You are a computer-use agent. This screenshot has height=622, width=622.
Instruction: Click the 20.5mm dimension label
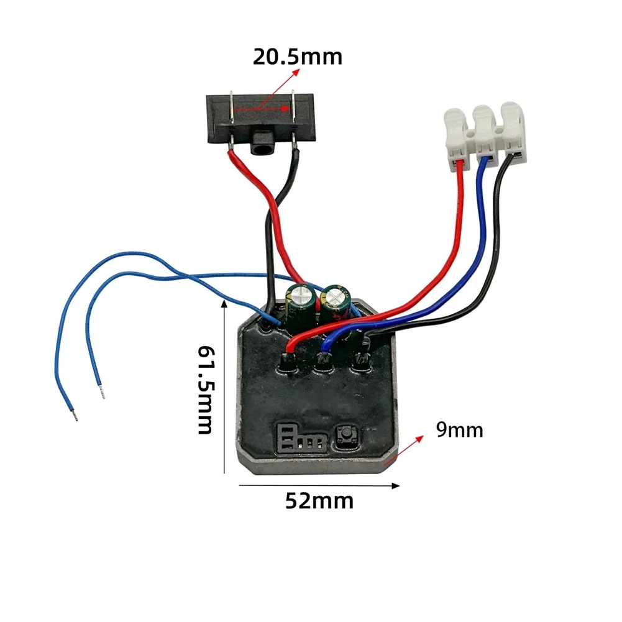coord(297,57)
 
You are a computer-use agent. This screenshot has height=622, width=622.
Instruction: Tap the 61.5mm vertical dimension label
coord(205,390)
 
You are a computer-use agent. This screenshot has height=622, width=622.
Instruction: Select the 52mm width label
coord(319,500)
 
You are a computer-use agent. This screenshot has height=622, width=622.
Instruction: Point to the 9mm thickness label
coord(459,429)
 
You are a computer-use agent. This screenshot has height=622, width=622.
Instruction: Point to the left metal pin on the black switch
coord(231,118)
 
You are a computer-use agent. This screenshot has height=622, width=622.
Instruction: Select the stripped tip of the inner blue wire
coord(101,391)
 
